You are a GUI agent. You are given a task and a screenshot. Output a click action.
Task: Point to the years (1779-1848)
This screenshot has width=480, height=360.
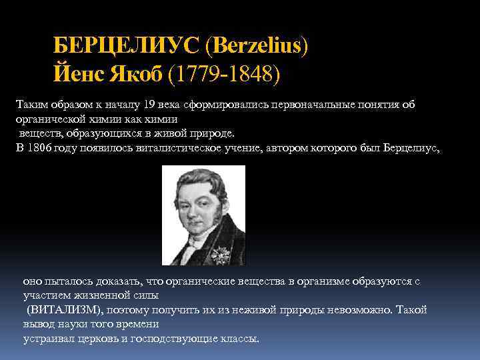click(225, 73)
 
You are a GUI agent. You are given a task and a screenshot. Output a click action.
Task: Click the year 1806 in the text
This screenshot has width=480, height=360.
click(39, 148)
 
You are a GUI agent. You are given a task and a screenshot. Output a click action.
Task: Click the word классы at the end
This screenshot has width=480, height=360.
click(237, 339)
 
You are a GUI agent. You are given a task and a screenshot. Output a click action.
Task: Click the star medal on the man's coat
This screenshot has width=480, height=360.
click(218, 253)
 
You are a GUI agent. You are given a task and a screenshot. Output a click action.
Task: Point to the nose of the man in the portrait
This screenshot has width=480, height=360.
click(203, 201)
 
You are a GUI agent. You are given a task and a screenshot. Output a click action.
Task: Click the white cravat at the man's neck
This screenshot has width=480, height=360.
click(199, 233)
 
